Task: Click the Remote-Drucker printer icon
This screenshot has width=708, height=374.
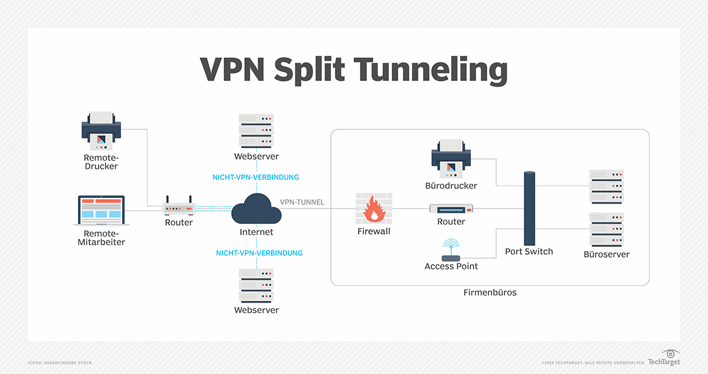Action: point(100,131)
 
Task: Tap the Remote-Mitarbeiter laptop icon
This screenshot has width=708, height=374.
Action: point(101,210)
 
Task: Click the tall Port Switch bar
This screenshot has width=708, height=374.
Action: point(529,207)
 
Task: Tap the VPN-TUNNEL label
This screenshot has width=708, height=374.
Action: point(301,202)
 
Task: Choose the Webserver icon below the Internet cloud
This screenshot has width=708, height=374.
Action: point(256,286)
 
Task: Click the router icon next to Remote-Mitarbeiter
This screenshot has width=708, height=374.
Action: point(179,207)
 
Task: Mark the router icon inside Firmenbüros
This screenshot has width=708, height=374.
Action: point(451,209)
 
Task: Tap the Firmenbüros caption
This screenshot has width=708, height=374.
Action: point(490,292)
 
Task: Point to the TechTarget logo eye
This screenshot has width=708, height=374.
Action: point(671,353)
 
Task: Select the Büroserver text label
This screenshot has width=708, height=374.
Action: point(607,255)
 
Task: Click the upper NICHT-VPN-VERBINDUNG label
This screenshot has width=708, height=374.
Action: point(255,177)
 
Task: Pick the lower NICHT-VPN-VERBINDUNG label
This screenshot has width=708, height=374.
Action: point(259,253)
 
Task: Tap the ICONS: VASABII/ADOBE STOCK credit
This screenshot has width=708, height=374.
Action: point(60,362)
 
